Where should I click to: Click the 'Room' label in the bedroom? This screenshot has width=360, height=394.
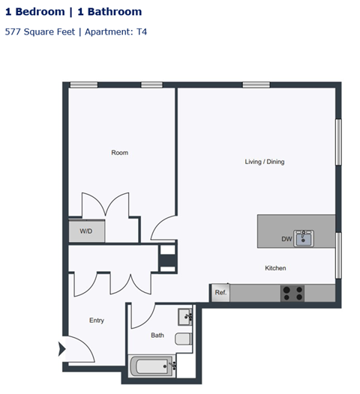[x=119, y=153]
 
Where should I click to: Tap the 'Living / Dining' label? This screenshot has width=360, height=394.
[x=265, y=162]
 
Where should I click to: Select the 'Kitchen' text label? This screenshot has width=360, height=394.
[x=275, y=268]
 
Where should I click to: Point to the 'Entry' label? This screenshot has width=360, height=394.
[x=97, y=321]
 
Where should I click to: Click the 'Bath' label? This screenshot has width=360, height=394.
[x=157, y=336]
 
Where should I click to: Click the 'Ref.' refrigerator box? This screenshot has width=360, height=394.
[x=220, y=293]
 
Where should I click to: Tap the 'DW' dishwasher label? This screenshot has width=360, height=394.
[x=286, y=240]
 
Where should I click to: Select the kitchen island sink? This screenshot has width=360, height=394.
[x=304, y=239]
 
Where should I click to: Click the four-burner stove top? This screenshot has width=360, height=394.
[x=292, y=293]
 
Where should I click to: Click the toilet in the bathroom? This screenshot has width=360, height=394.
[x=184, y=339]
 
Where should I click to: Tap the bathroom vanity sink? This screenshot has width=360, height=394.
[x=184, y=315]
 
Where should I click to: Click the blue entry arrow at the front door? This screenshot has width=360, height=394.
[x=61, y=348]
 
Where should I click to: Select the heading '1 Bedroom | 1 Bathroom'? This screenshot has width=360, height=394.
[x=73, y=12]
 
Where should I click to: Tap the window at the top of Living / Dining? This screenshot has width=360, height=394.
[x=256, y=85]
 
